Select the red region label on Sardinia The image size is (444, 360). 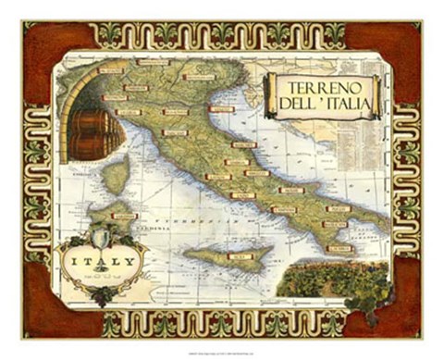(x=124, y=216)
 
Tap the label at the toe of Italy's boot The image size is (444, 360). (x=339, y=248)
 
